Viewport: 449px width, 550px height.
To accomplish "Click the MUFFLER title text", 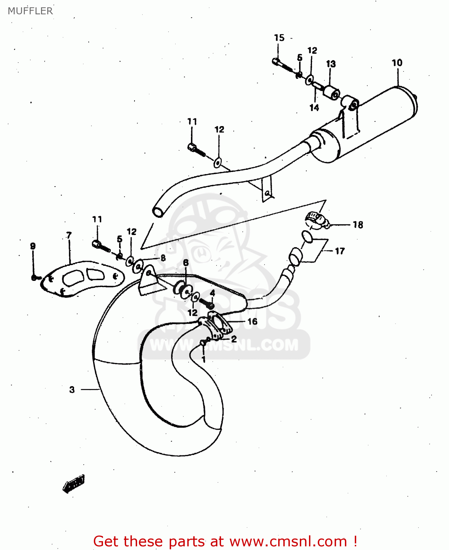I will click(x=30, y=11).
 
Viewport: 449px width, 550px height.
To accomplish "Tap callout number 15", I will click(x=279, y=38).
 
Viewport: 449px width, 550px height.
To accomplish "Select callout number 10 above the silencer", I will click(x=397, y=63).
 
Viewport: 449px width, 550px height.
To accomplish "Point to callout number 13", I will click(x=331, y=64).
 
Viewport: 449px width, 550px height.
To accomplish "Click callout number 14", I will click(x=314, y=107).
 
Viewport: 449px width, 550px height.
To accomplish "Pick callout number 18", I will click(x=358, y=224).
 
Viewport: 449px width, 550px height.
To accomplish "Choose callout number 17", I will click(x=340, y=251).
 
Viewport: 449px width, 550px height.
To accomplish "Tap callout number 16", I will click(x=252, y=322).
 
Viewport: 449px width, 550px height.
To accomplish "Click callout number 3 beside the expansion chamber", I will click(x=72, y=389).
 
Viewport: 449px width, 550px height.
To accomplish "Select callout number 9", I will click(x=33, y=246).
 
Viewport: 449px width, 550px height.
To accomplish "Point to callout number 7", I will click(x=69, y=235).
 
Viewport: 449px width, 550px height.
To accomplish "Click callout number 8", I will click(x=163, y=258).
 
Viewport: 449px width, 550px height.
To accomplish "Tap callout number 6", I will click(x=186, y=263).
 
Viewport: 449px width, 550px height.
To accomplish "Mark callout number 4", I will click(x=212, y=293).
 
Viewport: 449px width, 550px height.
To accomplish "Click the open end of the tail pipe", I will click(x=158, y=212).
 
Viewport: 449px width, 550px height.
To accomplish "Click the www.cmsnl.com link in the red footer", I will click(x=288, y=541).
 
